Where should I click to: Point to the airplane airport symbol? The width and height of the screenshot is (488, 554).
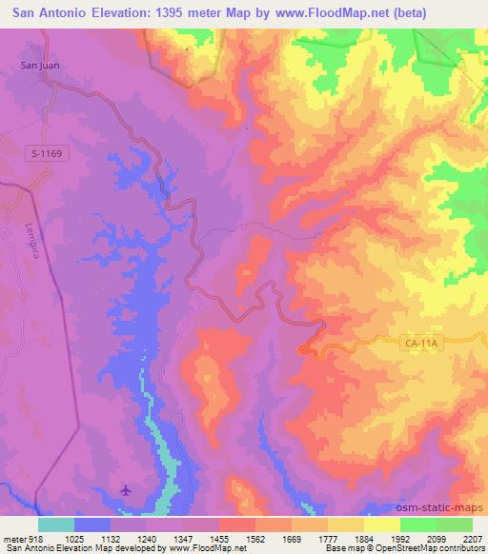tap(127, 490)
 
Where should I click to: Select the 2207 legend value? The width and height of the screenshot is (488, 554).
tap(472, 538)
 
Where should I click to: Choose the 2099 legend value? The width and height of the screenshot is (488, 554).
tap(436, 538)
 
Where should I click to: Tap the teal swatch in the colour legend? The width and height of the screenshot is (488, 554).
tap(57, 524)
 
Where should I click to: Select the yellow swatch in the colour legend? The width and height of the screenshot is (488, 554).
tap(382, 524)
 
